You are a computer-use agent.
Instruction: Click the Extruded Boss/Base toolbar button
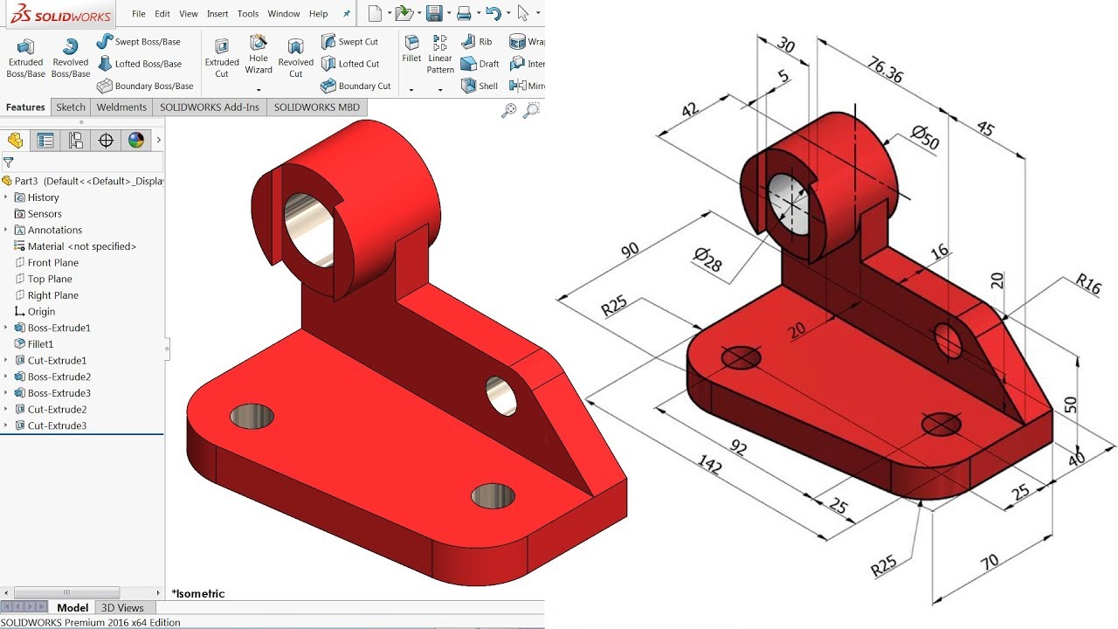tap(26, 58)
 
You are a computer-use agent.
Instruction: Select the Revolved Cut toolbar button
tap(295, 58)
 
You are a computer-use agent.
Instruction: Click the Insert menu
tap(217, 14)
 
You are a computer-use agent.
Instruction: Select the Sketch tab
tap(71, 107)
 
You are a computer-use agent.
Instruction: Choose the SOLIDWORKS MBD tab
tap(316, 107)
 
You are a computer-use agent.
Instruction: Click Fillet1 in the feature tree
tap(40, 344)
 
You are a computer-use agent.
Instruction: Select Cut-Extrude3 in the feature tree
tap(57, 425)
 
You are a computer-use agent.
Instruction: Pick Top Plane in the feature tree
tap(50, 279)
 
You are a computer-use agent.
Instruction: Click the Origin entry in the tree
tap(41, 312)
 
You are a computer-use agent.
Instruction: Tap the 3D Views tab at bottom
tap(122, 608)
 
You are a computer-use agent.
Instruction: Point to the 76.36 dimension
tap(885, 70)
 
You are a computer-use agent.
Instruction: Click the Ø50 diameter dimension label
tap(924, 136)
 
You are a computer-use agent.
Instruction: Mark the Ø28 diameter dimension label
tap(708, 259)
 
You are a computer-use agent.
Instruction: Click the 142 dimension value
tap(710, 466)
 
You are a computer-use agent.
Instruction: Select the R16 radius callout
tap(1088, 283)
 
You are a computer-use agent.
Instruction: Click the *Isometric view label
tap(198, 594)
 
